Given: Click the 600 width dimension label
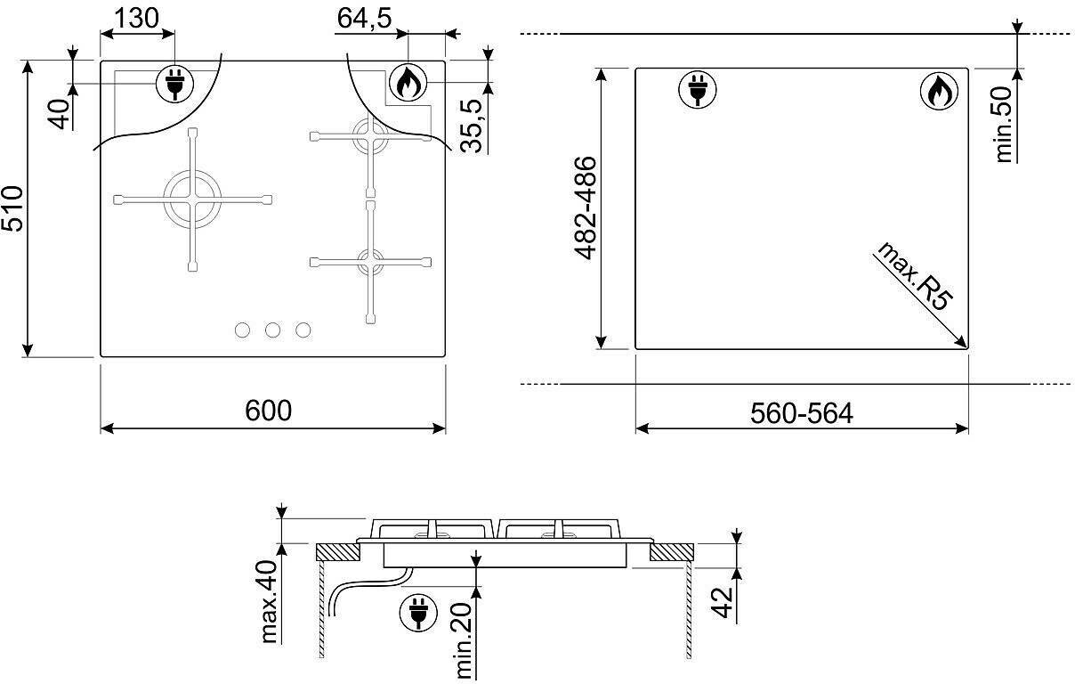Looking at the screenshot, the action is tap(268, 411).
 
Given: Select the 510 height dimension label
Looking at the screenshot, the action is tap(12, 208).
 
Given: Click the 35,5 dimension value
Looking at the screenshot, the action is tap(471, 126).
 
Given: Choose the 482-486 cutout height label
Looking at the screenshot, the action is tap(586, 208).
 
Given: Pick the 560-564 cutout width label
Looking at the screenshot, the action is tap(802, 413).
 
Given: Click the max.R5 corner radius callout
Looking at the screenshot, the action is tap(913, 276).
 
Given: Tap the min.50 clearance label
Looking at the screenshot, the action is tap(1004, 125).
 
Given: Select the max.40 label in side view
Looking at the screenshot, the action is tap(270, 601).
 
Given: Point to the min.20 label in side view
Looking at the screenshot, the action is tap(463, 640).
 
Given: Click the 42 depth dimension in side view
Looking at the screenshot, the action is tap(723, 602).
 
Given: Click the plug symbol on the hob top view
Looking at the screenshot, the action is tap(174, 84).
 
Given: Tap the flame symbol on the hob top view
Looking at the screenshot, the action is tap(408, 82).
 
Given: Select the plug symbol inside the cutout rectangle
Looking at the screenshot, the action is tap(698, 89).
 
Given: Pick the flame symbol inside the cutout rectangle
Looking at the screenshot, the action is tap(939, 91).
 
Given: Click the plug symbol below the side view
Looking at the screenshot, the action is tap(418, 613).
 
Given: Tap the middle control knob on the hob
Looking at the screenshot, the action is tap(272, 330).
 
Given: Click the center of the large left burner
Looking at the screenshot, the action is tap(192, 199).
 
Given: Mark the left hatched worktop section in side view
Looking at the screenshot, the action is tap(338, 552).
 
